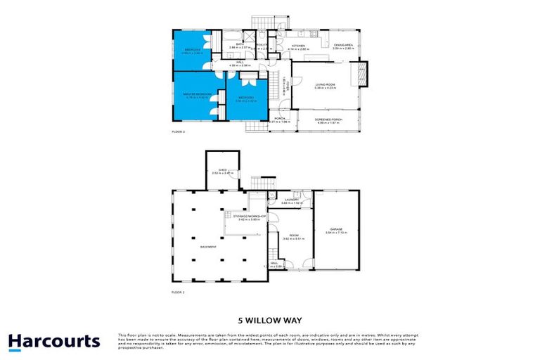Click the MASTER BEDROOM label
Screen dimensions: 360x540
198,94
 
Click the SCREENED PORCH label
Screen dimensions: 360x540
328,120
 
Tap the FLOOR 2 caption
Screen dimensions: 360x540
178,131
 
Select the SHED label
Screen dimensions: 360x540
221,170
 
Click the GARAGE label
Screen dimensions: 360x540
336,229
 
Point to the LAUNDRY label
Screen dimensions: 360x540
290,200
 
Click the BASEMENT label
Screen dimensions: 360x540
207,247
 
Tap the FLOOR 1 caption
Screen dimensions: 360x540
178,291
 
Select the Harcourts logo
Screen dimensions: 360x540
54,342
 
